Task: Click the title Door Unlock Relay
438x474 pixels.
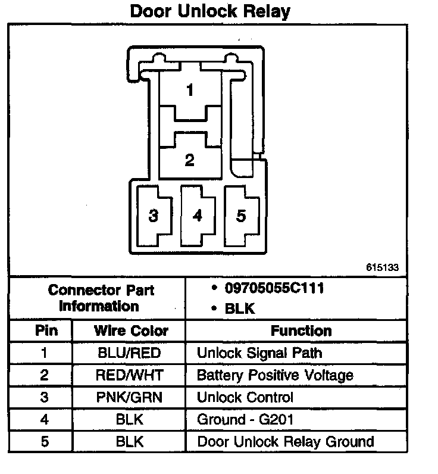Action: pyautogui.click(x=211, y=11)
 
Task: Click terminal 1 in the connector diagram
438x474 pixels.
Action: pyautogui.click(x=189, y=91)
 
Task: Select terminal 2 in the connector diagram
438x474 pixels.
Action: pyautogui.click(x=189, y=160)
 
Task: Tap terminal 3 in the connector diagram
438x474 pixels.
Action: pyautogui.click(x=154, y=215)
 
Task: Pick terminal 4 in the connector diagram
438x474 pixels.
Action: pyautogui.click(x=198, y=215)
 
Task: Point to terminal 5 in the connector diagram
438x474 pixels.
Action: pyautogui.click(x=241, y=215)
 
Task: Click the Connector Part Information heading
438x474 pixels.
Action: pyautogui.click(x=101, y=298)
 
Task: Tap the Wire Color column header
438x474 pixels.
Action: pyautogui.click(x=131, y=330)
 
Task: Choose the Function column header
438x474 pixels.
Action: pyautogui.click(x=301, y=330)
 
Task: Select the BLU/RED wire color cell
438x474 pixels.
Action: pyautogui.click(x=129, y=353)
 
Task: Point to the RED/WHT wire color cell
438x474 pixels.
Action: pyautogui.click(x=129, y=375)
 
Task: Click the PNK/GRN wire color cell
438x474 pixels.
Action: pyautogui.click(x=129, y=397)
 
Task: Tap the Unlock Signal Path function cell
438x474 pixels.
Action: pyautogui.click(x=259, y=353)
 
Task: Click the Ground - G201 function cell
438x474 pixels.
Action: pyautogui.click(x=245, y=419)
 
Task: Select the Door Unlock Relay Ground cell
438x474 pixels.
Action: pyautogui.click(x=286, y=441)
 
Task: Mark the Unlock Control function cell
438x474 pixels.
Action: pyautogui.click(x=245, y=397)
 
